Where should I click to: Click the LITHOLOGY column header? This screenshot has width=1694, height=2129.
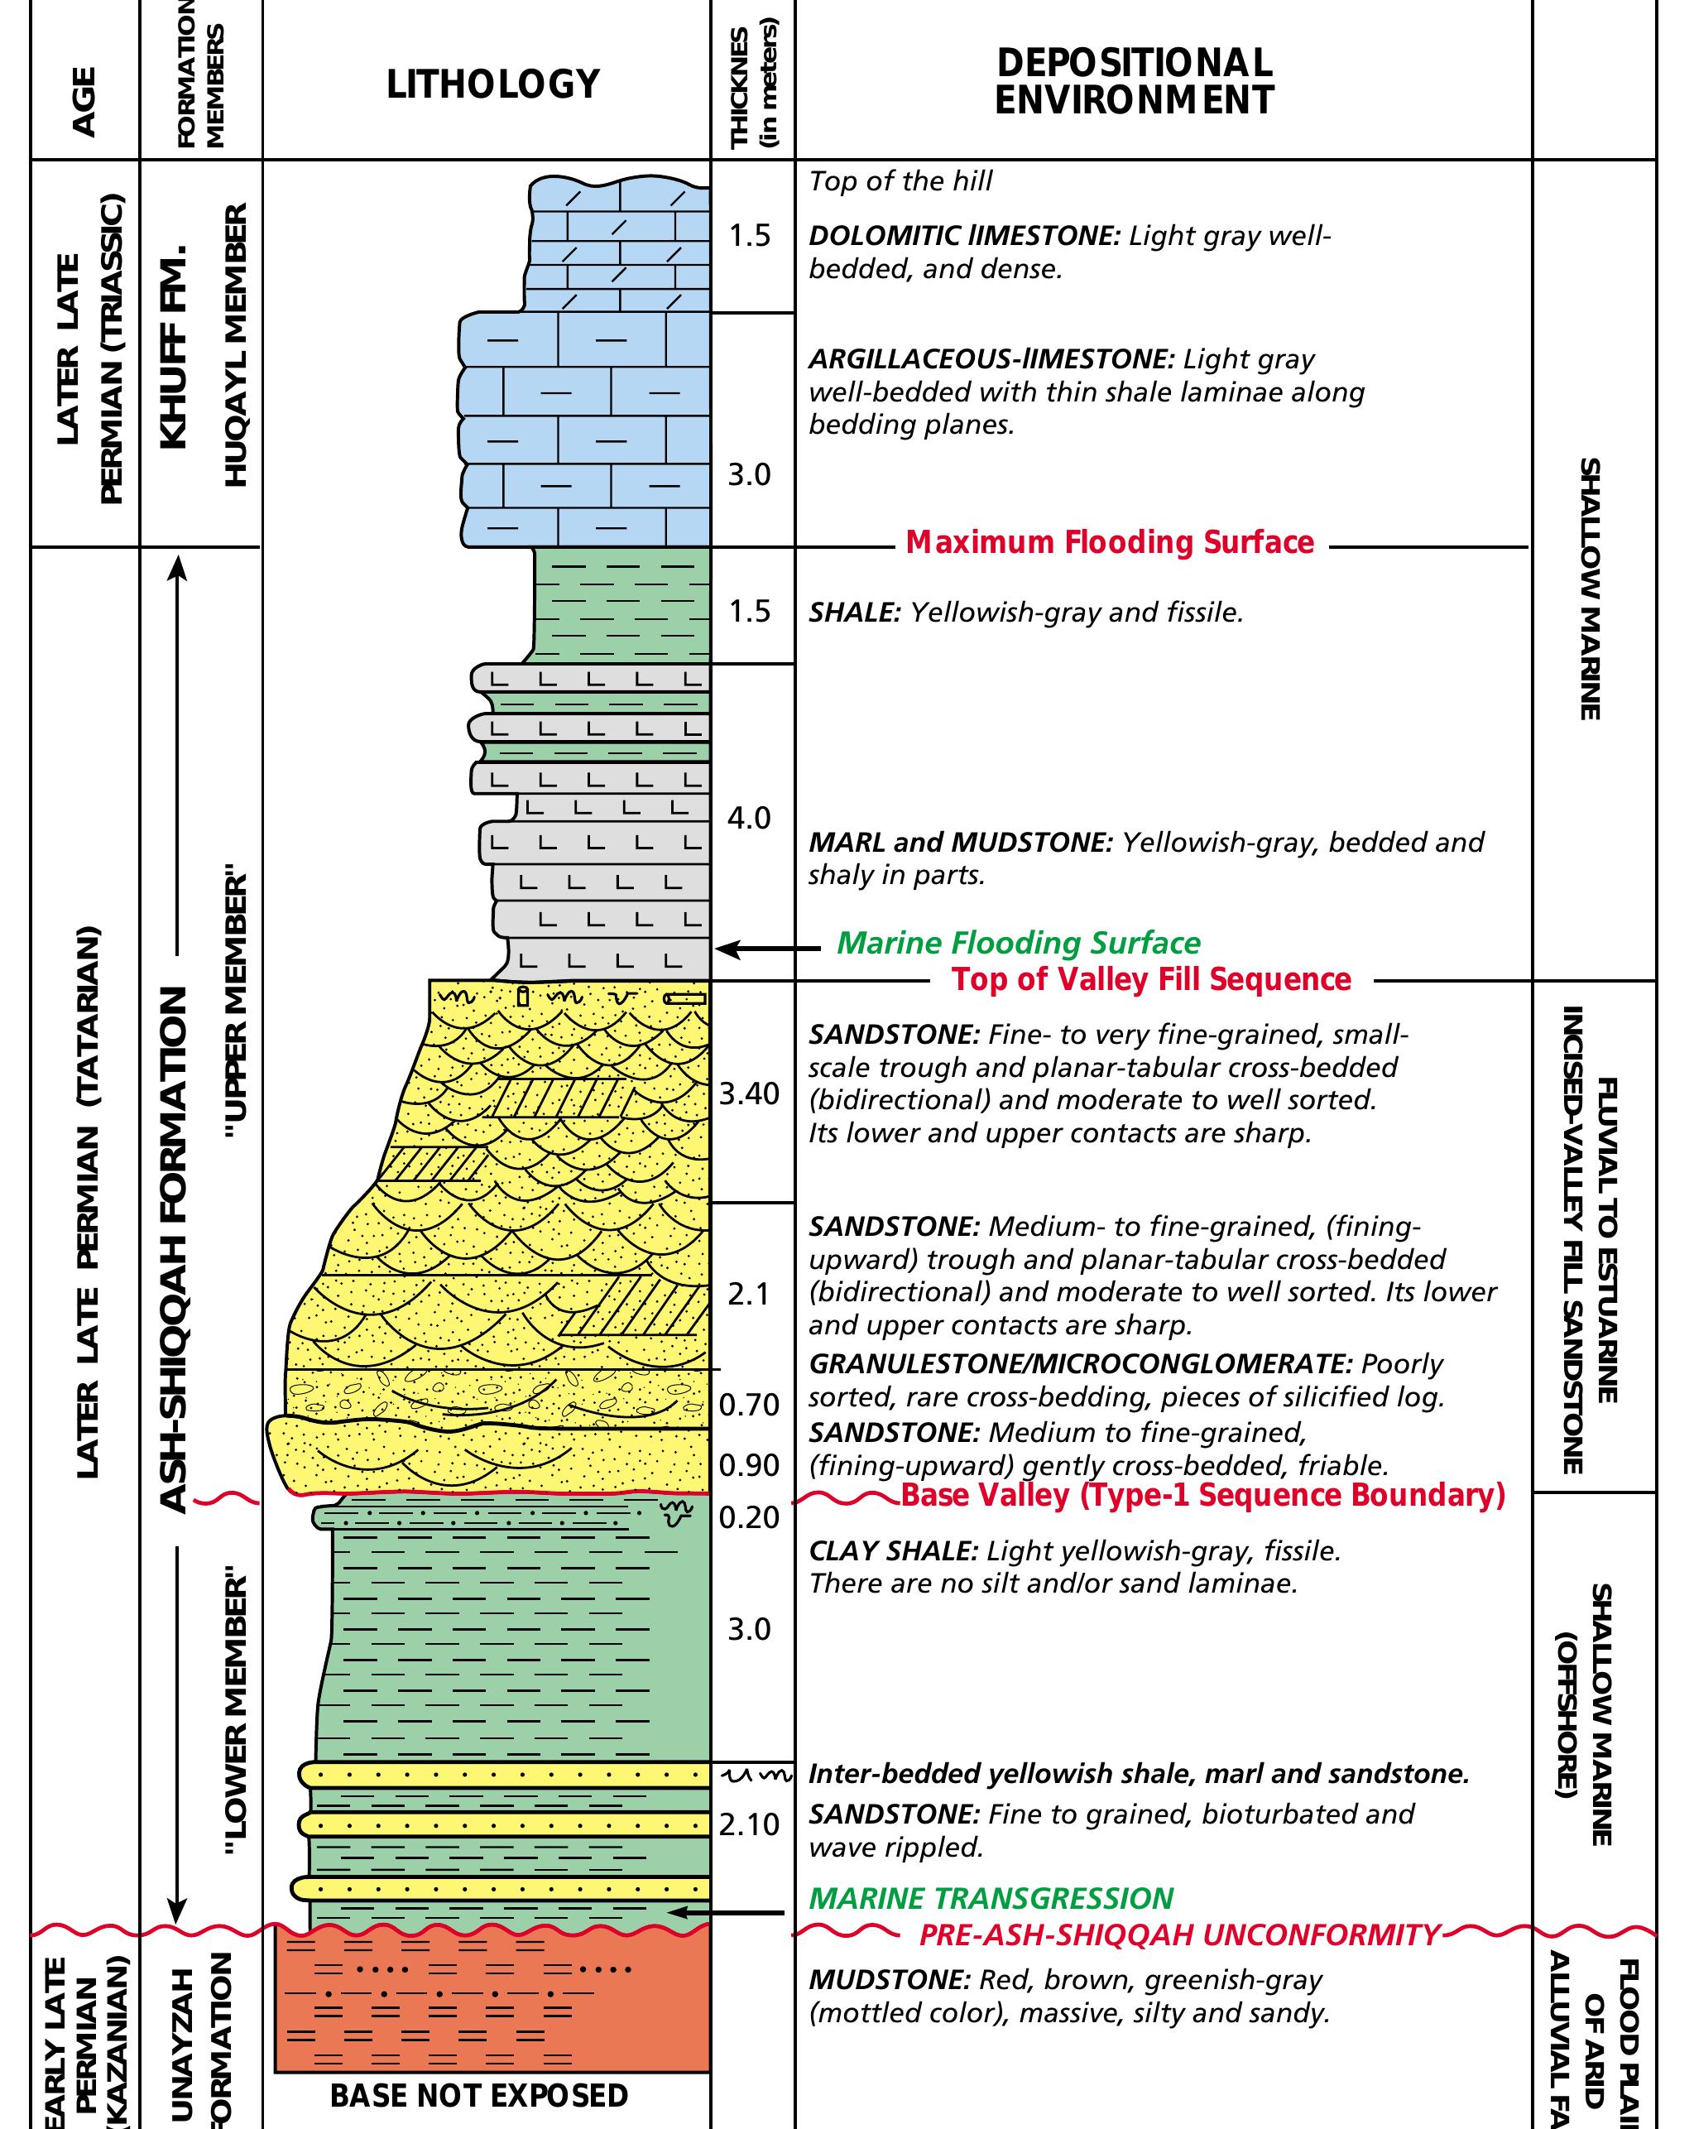(492, 84)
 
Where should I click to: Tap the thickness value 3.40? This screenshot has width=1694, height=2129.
(749, 1093)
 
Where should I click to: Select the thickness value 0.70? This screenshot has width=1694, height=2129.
(749, 1403)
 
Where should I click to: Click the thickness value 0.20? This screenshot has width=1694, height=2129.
(749, 1516)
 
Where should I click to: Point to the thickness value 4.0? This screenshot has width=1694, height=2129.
(748, 818)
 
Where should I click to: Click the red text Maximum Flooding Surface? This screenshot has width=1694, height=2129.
(1110, 542)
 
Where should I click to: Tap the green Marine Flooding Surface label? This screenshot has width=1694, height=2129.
(1018, 943)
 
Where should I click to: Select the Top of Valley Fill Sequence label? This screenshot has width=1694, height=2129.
(1151, 979)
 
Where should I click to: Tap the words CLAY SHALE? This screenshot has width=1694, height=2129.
(891, 1550)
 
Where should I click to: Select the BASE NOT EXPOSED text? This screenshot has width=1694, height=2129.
(479, 2095)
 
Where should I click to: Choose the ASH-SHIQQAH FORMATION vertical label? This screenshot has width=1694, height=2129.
(174, 1249)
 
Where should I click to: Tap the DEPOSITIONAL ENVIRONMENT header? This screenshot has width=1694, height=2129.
(1135, 82)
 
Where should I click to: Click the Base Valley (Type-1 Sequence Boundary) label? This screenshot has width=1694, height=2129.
(1202, 1495)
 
